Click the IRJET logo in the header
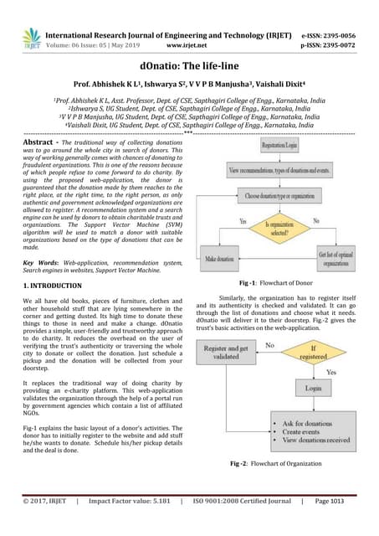pyautogui.click(x=31, y=38)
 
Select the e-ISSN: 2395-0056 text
pyautogui.click(x=332, y=36)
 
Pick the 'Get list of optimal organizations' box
pyautogui.click(x=334, y=258)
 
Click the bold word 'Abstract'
pyautogui.click(x=40, y=144)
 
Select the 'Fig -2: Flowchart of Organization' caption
pyautogui.click(x=275, y=463)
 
